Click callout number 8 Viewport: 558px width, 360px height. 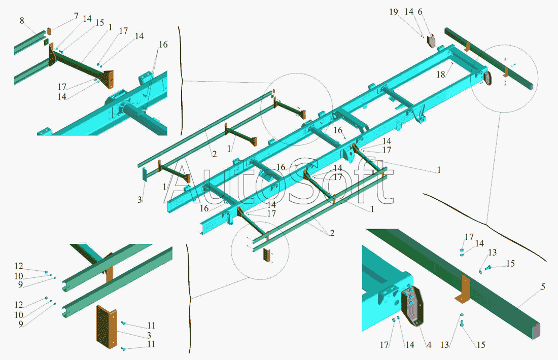click(22, 20)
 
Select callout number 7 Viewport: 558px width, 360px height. click(76, 17)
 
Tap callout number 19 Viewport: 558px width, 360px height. click(394, 12)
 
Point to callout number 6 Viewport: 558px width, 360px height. click(420, 12)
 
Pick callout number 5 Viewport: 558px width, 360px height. click(543, 287)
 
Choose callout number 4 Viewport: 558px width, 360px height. click(429, 345)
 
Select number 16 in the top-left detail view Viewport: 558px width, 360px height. click(162, 45)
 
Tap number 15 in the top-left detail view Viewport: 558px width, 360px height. click(100, 23)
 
